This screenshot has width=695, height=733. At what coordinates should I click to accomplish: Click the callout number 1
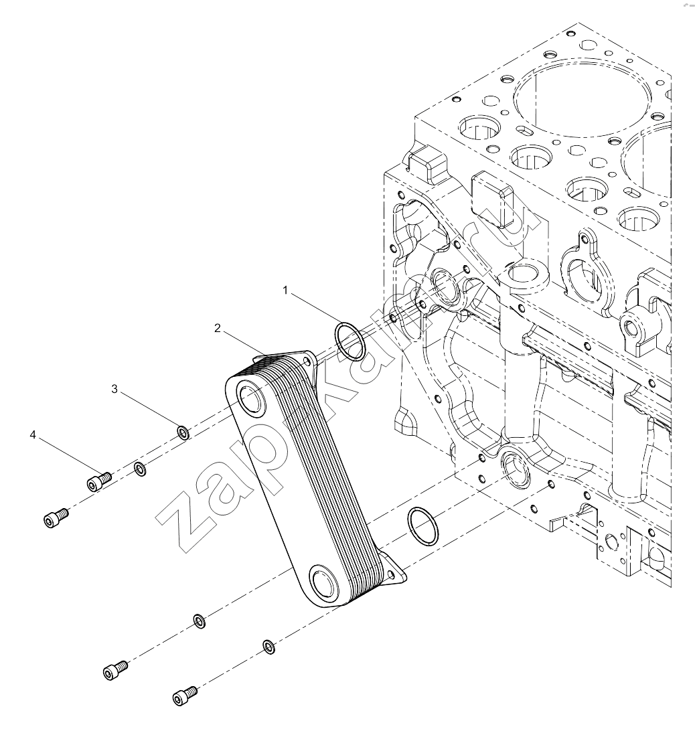285,291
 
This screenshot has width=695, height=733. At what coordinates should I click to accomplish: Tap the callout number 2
217,328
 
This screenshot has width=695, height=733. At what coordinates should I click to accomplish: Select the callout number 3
114,389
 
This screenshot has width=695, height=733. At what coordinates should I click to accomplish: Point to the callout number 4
33,434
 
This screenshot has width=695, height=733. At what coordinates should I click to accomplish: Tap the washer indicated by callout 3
183,433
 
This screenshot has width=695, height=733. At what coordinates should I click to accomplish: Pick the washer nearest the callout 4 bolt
140,469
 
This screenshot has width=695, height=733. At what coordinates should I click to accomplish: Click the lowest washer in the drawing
269,647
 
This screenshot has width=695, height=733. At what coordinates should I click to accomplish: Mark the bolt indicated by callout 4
98,482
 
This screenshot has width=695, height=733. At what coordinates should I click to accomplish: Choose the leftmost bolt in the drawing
56,518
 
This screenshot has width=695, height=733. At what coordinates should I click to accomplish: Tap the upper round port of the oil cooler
252,398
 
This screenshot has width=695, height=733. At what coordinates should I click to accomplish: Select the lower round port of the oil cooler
324,582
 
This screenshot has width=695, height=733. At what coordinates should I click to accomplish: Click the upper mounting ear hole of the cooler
307,361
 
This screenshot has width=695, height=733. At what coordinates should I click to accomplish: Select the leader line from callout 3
151,411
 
